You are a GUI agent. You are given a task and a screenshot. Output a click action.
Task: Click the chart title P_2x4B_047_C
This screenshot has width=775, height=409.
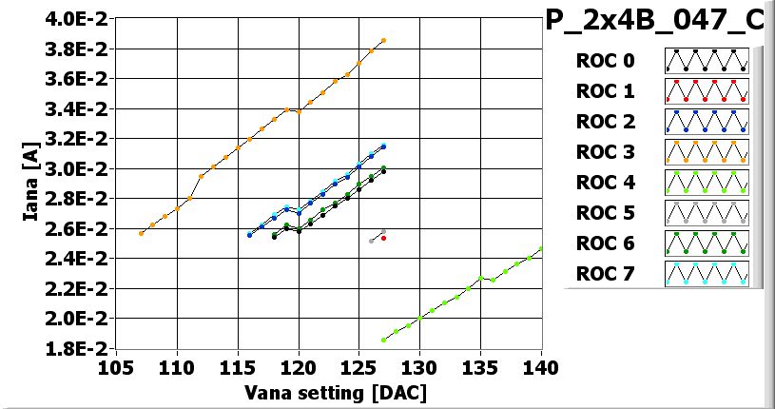tap(659, 19)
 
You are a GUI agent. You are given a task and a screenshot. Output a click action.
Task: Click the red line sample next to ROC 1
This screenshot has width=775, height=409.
tap(706, 91)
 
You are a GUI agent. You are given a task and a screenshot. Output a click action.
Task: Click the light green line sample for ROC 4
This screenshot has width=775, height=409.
tap(706, 183)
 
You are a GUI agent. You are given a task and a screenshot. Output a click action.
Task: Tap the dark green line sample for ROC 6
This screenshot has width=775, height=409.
tap(706, 243)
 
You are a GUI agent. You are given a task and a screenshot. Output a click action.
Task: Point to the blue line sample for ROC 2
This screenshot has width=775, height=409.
tap(706, 122)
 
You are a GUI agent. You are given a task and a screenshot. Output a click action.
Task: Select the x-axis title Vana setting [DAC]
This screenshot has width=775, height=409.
tap(320, 392)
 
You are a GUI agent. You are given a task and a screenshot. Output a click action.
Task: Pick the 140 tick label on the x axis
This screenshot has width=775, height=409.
tap(541, 367)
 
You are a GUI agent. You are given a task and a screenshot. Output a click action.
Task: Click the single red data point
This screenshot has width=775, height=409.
tap(383, 238)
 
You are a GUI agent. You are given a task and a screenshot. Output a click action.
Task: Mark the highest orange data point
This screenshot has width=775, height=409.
tap(383, 40)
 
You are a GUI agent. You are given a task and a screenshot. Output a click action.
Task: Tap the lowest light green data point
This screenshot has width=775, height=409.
tap(383, 340)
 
